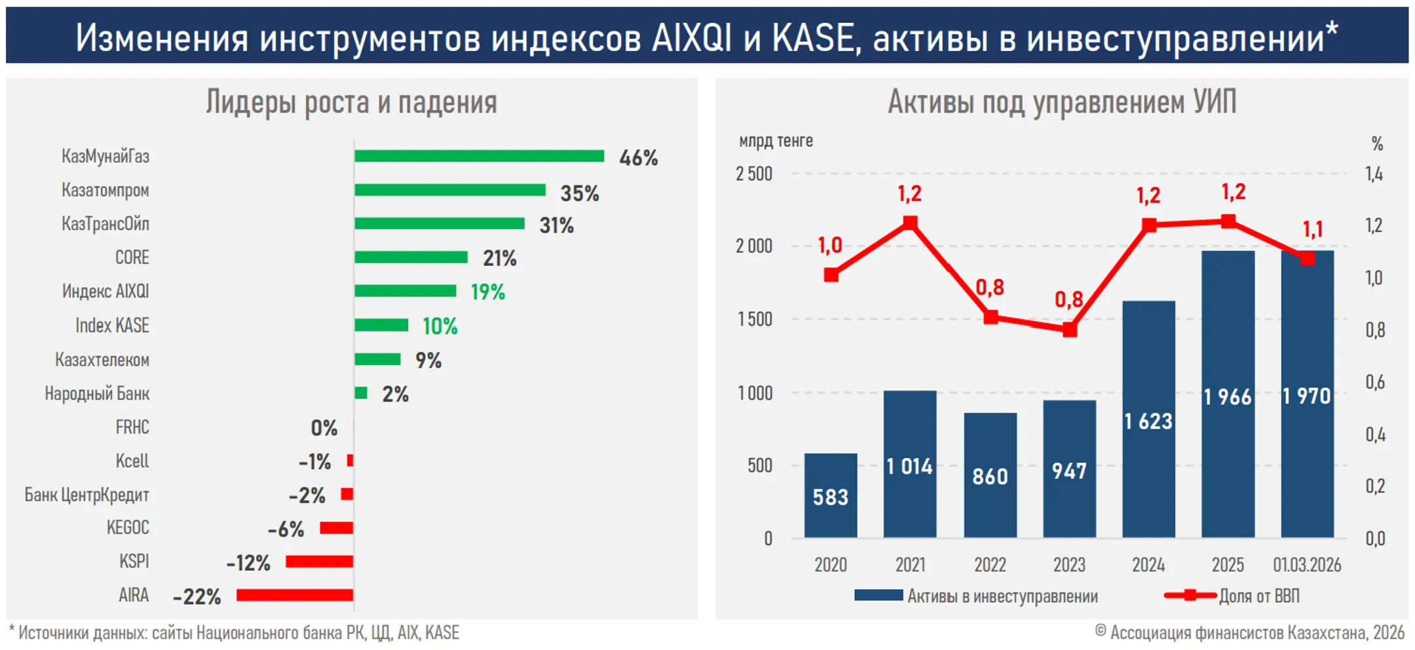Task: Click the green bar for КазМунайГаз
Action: pos(479,156)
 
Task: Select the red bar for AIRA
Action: pos(295,595)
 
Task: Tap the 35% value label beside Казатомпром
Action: pos(579,193)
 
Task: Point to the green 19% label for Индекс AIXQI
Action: pos(488,292)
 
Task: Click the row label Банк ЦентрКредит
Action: pos(86,495)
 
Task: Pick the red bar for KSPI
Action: pos(319,562)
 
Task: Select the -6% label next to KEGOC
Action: pos(286,529)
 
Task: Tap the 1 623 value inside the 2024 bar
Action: pos(1148,421)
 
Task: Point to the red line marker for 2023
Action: pos(1069,330)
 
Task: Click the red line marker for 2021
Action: pos(910,223)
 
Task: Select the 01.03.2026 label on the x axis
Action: pos(1307,565)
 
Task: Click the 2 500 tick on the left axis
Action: pos(754,174)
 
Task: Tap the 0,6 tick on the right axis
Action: pos(1374,382)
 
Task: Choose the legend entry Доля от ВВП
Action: pos(1258,596)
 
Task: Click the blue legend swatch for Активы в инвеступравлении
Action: pos(878,595)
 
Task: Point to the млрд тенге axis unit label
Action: pos(776,141)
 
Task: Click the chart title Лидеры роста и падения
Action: pos(351,102)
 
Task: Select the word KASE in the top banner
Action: pos(812,37)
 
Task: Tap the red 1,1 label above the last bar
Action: pos(1312,229)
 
